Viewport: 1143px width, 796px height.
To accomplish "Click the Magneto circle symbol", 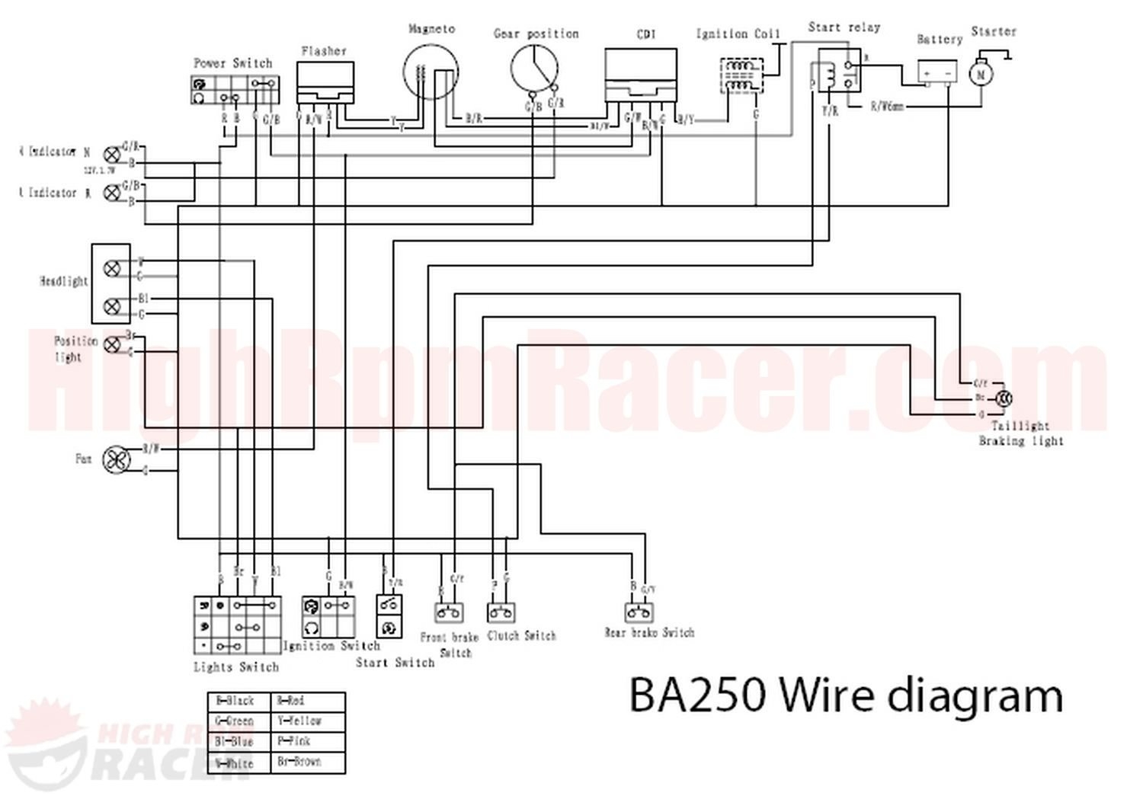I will [431, 72].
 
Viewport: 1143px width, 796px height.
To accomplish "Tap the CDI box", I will [641, 75].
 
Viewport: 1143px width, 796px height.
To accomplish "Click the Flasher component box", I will [325, 82].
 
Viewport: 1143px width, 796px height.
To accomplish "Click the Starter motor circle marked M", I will [981, 74].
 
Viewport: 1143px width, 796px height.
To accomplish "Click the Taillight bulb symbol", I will [1004, 398].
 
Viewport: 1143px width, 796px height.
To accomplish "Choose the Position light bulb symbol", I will [111, 344].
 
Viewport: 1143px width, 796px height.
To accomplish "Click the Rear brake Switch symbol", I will [640, 613].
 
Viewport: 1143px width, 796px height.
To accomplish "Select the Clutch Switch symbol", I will [501, 612].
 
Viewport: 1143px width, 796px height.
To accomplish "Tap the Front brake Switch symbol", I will [450, 612].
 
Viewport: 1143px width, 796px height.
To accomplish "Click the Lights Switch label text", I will [236, 667].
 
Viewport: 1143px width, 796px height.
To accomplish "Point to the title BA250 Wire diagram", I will [845, 695].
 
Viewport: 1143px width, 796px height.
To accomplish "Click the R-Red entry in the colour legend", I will [291, 701].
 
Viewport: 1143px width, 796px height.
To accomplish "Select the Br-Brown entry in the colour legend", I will [299, 761].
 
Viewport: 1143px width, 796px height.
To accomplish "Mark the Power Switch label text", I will [232, 63].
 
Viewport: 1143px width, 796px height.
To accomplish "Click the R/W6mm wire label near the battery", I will [886, 107].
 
